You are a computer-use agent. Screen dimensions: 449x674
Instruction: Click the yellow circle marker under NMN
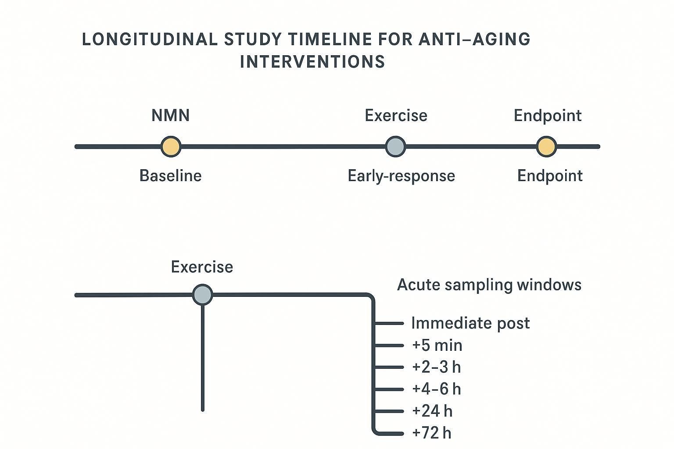pos(171,146)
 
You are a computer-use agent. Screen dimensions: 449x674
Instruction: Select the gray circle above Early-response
pos(395,146)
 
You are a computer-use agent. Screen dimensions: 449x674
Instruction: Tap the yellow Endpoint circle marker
pos(546,146)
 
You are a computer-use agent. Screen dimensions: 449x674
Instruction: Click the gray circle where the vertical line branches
pos(203,295)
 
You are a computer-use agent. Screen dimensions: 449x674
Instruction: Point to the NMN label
pos(171,116)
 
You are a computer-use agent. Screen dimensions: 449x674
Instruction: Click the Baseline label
pos(171,176)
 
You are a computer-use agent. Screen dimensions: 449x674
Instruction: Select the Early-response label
pos(401,176)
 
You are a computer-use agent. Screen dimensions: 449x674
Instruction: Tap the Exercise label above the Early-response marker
pos(396,116)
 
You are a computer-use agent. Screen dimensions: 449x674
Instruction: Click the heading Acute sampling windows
pos(489,285)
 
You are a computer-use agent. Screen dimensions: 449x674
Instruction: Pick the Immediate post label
pos(470,323)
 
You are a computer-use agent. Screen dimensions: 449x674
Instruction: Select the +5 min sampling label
pos(437,346)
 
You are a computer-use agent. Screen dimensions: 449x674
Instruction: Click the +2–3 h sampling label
pos(437,367)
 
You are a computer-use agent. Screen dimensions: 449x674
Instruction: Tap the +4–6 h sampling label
pos(437,389)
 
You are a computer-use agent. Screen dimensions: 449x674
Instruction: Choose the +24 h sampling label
pos(432,411)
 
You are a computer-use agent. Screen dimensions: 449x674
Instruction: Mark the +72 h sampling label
pos(432,433)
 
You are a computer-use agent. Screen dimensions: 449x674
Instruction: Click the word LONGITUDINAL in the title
pos(150,39)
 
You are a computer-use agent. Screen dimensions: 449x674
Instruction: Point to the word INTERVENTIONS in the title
pos(312,62)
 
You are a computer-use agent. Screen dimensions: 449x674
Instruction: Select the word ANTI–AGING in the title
pos(475,39)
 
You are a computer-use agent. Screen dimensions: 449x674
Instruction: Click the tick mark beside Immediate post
pos(389,323)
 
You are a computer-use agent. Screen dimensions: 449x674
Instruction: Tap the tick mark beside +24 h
pos(389,411)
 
